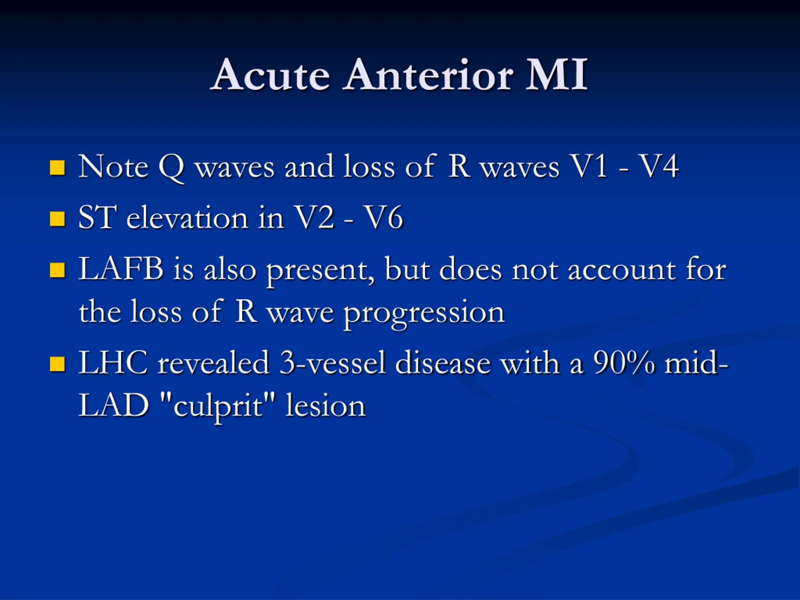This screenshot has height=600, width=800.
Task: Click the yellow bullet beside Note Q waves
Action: click(x=57, y=168)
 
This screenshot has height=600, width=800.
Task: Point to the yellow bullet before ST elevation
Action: click(x=57, y=219)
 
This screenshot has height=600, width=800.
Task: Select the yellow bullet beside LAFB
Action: click(x=57, y=270)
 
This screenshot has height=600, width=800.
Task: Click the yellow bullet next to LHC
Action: click(x=57, y=364)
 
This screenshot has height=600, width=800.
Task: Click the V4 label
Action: click(x=659, y=166)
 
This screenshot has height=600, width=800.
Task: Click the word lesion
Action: click(x=326, y=405)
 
